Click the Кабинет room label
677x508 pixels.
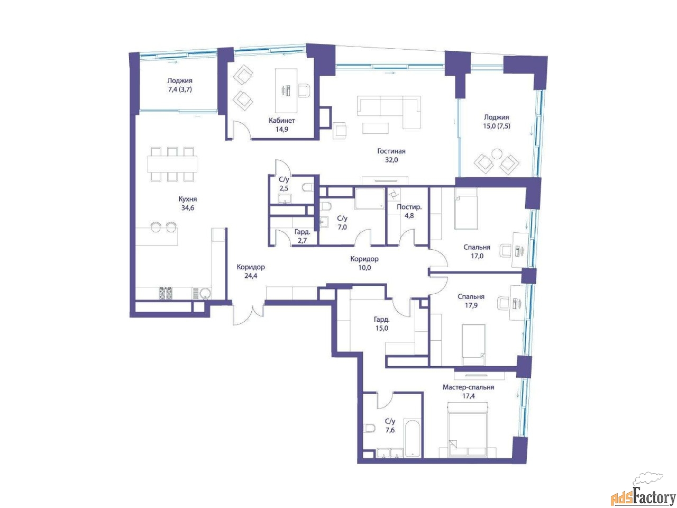[x=281, y=120]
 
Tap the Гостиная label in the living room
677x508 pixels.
[x=391, y=151]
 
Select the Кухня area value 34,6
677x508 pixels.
[x=188, y=208]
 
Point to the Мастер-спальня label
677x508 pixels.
[x=468, y=387]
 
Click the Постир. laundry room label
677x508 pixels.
[x=409, y=207]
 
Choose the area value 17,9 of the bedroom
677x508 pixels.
[x=471, y=306]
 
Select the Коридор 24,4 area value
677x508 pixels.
[x=251, y=276]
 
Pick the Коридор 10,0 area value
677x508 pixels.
[x=364, y=268]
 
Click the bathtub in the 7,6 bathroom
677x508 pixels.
[x=412, y=438]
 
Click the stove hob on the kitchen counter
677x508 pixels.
[x=166, y=293]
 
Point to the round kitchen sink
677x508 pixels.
[x=205, y=294]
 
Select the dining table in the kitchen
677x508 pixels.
[x=172, y=164]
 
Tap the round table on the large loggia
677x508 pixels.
[x=497, y=154]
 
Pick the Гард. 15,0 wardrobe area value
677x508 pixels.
[x=382, y=329]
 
